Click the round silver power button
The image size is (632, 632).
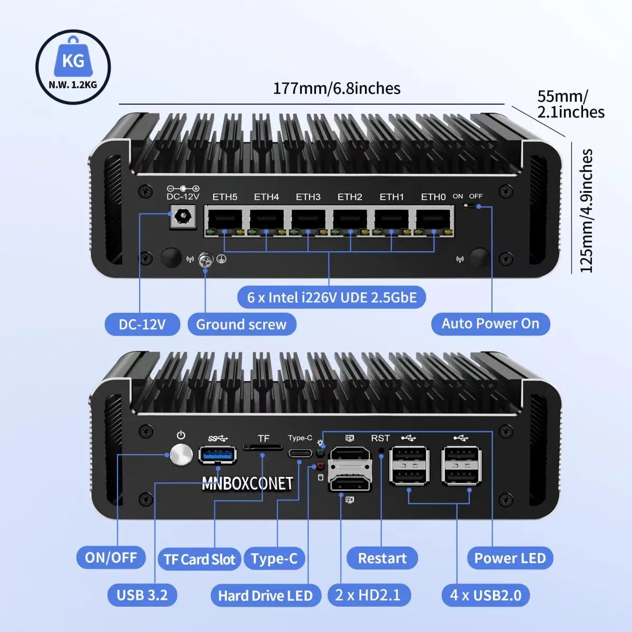[181, 455]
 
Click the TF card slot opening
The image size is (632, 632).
[263, 448]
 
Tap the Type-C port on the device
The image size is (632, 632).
[300, 453]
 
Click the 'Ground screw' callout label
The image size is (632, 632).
[241, 324]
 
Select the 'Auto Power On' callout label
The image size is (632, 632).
[490, 323]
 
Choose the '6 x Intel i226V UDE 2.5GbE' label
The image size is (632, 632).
[332, 298]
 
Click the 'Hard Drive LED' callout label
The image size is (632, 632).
[265, 596]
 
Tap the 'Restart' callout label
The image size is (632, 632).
[382, 558]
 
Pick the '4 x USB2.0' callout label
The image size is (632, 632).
[486, 595]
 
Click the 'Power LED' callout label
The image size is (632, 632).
[510, 558]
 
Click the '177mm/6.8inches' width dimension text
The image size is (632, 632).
[337, 88]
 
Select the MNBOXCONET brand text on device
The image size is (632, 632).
[247, 483]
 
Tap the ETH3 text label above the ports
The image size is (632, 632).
[308, 197]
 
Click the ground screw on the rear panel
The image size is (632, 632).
[205, 260]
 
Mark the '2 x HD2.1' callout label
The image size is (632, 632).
[368, 595]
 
